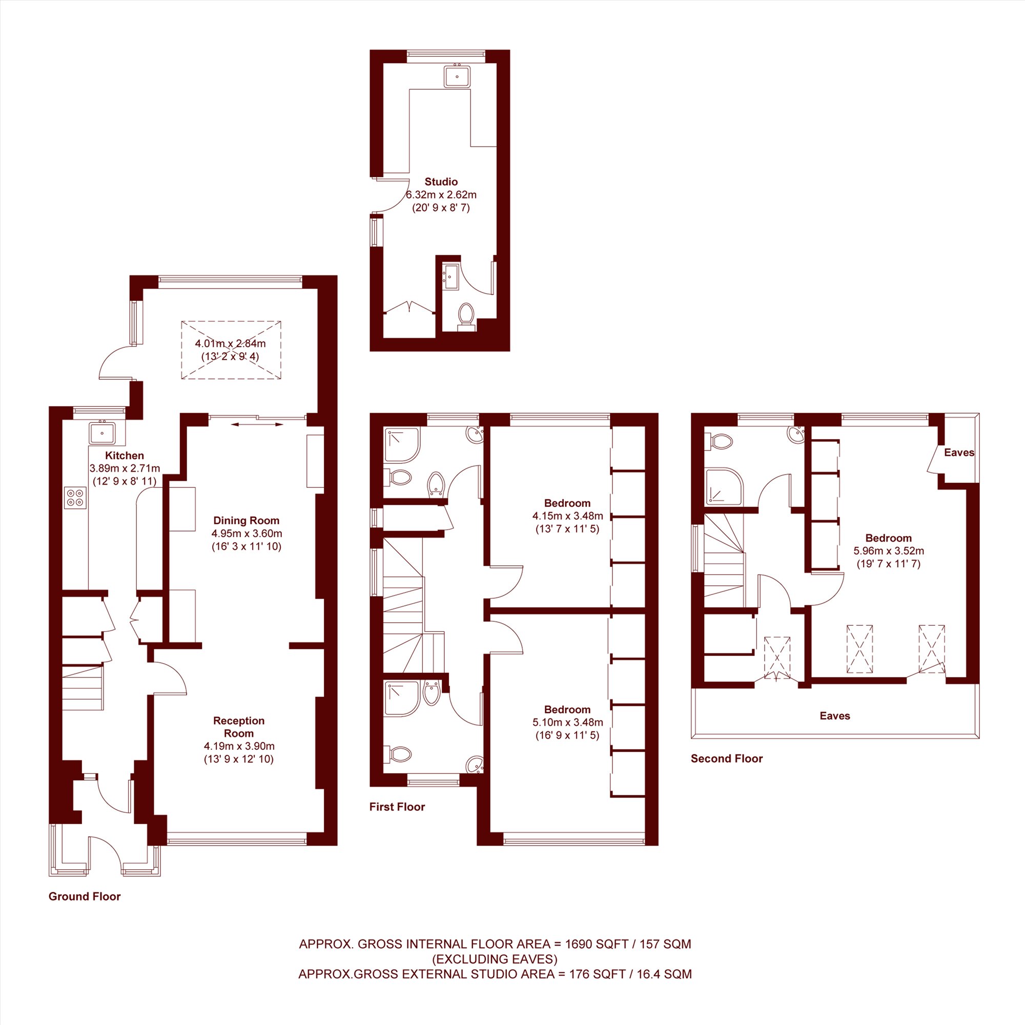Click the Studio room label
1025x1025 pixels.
pos(441,182)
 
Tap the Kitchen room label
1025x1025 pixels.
pos(124,455)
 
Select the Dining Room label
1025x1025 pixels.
pos(246,521)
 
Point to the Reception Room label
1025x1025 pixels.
pos(239,727)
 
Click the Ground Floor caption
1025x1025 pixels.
pos(85,896)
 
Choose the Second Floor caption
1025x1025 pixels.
pos(726,758)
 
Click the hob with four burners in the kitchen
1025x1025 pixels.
pos(75,498)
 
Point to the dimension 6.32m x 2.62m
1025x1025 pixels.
pos(441,195)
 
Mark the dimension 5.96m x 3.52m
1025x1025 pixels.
pos(889,551)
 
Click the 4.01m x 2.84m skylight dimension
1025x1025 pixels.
pos(230,343)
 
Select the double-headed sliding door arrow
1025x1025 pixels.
pos(257,424)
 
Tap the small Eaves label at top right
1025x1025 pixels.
pos(959,453)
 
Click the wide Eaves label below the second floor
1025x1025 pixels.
pos(835,715)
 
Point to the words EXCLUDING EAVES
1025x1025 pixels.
pos(495,959)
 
